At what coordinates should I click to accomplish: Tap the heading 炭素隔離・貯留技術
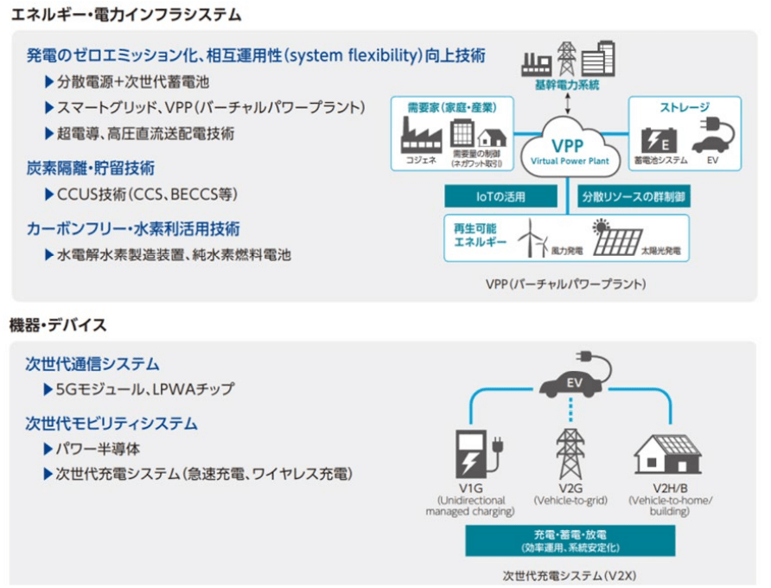(x=91, y=168)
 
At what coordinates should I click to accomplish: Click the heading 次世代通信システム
(x=92, y=364)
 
